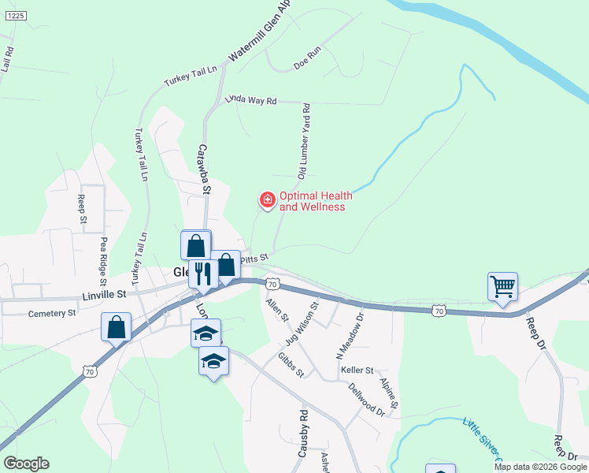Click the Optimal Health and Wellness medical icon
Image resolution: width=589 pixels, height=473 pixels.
point(267,200)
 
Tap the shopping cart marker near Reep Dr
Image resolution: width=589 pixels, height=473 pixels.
point(502,287)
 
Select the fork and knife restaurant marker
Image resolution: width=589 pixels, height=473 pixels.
point(203,274)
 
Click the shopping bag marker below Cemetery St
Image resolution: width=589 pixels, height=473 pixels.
point(117,327)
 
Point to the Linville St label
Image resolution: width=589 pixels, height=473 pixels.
point(104,295)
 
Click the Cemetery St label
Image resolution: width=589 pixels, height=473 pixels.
point(52,313)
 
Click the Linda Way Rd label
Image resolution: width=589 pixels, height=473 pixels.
point(251,100)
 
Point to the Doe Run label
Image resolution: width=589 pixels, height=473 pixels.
point(308,59)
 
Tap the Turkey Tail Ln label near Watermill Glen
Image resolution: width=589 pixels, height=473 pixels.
point(190,76)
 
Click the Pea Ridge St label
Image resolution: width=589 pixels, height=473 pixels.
point(103,260)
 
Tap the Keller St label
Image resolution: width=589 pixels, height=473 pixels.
point(357,369)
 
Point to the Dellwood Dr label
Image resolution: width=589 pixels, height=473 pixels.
point(366,399)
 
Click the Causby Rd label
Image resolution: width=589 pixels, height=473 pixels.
point(302,433)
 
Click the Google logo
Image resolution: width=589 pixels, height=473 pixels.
point(26,464)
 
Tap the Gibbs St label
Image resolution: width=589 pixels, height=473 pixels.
point(290,364)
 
